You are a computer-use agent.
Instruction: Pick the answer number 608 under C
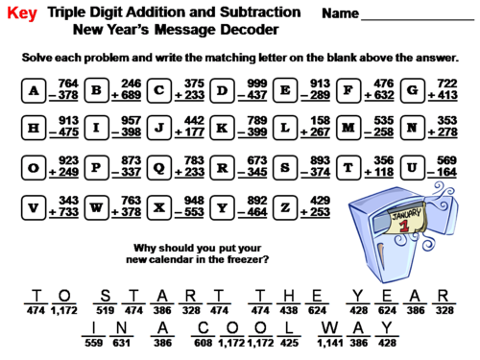pos(204,342)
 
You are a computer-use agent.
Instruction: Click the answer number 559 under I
pos(93,342)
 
